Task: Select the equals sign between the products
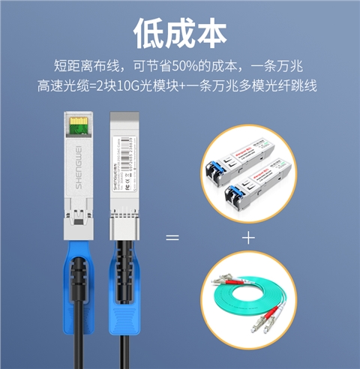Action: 172,238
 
